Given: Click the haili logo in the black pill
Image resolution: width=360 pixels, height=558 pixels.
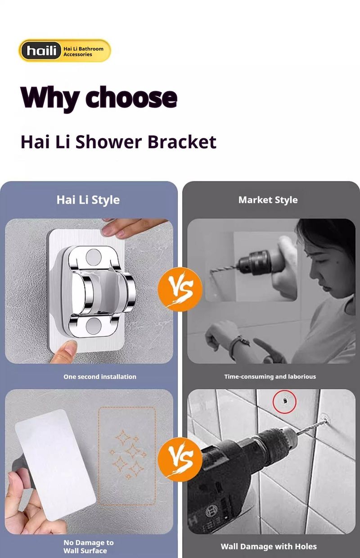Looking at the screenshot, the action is tap(41, 50).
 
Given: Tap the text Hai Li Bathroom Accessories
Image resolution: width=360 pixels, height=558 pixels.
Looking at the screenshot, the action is tap(83, 51).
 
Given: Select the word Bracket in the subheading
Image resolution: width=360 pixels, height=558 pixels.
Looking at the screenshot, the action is tap(182, 142).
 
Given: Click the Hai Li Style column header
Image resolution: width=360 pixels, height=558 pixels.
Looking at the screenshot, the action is tap(88, 200).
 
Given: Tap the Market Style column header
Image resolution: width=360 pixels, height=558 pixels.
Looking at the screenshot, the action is tap(268, 200).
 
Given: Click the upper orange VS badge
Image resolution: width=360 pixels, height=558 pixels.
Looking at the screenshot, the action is tap(180, 289).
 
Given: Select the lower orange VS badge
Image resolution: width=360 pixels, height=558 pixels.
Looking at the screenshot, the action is tap(180, 459).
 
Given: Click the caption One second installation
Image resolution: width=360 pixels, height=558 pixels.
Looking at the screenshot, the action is tap(100, 377).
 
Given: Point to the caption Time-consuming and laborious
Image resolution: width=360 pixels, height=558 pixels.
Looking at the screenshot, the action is tap(270, 377).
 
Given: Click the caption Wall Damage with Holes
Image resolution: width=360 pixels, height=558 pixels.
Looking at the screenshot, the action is tap(269, 547).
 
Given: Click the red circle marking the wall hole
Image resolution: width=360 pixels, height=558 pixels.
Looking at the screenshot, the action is tap(284, 402).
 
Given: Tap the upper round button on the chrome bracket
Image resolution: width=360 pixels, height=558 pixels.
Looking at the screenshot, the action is tap(93, 256).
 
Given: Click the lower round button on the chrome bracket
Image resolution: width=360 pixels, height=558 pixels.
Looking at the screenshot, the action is tap(93, 326).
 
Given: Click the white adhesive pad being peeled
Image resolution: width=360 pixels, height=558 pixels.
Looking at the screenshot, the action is tap(55, 465).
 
